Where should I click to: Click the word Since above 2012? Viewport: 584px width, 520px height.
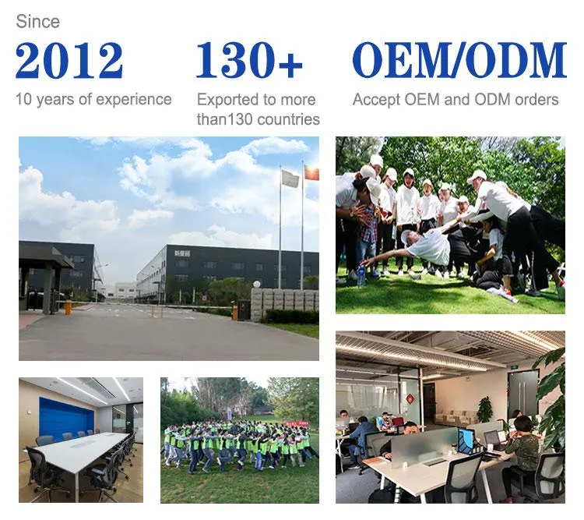(37, 22)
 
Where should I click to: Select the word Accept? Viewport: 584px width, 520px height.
(375, 100)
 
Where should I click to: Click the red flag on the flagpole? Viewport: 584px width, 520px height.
(311, 173)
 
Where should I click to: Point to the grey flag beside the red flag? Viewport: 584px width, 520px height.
(290, 179)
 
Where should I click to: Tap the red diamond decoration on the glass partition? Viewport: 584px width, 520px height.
(410, 398)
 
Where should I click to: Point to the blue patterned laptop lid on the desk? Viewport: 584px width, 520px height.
(466, 440)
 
